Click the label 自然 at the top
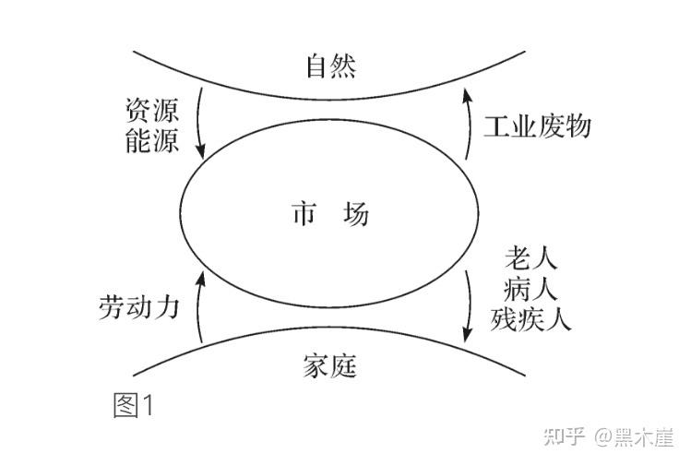[x=329, y=66]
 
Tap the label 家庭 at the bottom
[x=328, y=365]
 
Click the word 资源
[x=151, y=113]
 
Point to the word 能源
[x=151, y=143]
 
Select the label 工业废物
[x=537, y=125]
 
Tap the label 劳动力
[x=137, y=307]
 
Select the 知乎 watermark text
[x=565, y=436]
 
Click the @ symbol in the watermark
[x=603, y=436]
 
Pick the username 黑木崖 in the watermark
[x=644, y=436]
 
